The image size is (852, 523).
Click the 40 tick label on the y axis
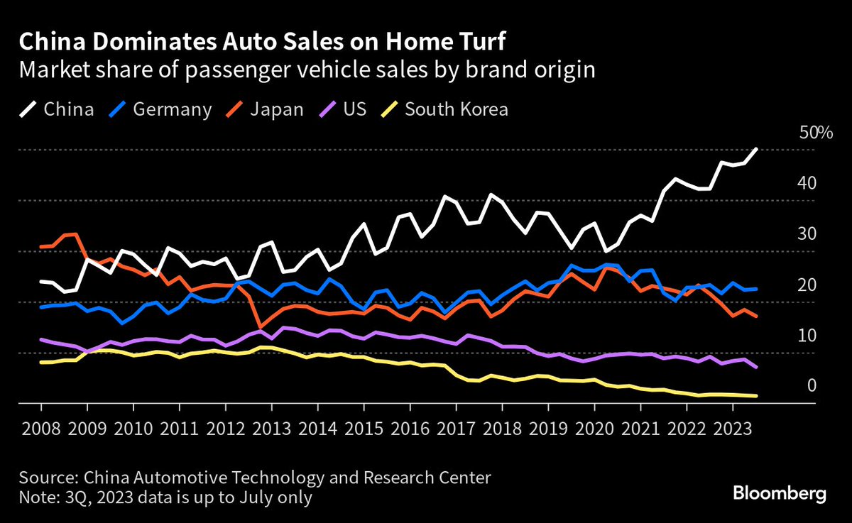coord(808,183)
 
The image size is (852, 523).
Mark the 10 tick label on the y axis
coord(808,335)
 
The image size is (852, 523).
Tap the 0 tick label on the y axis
coord(812,385)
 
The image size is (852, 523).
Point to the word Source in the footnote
coord(45,477)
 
